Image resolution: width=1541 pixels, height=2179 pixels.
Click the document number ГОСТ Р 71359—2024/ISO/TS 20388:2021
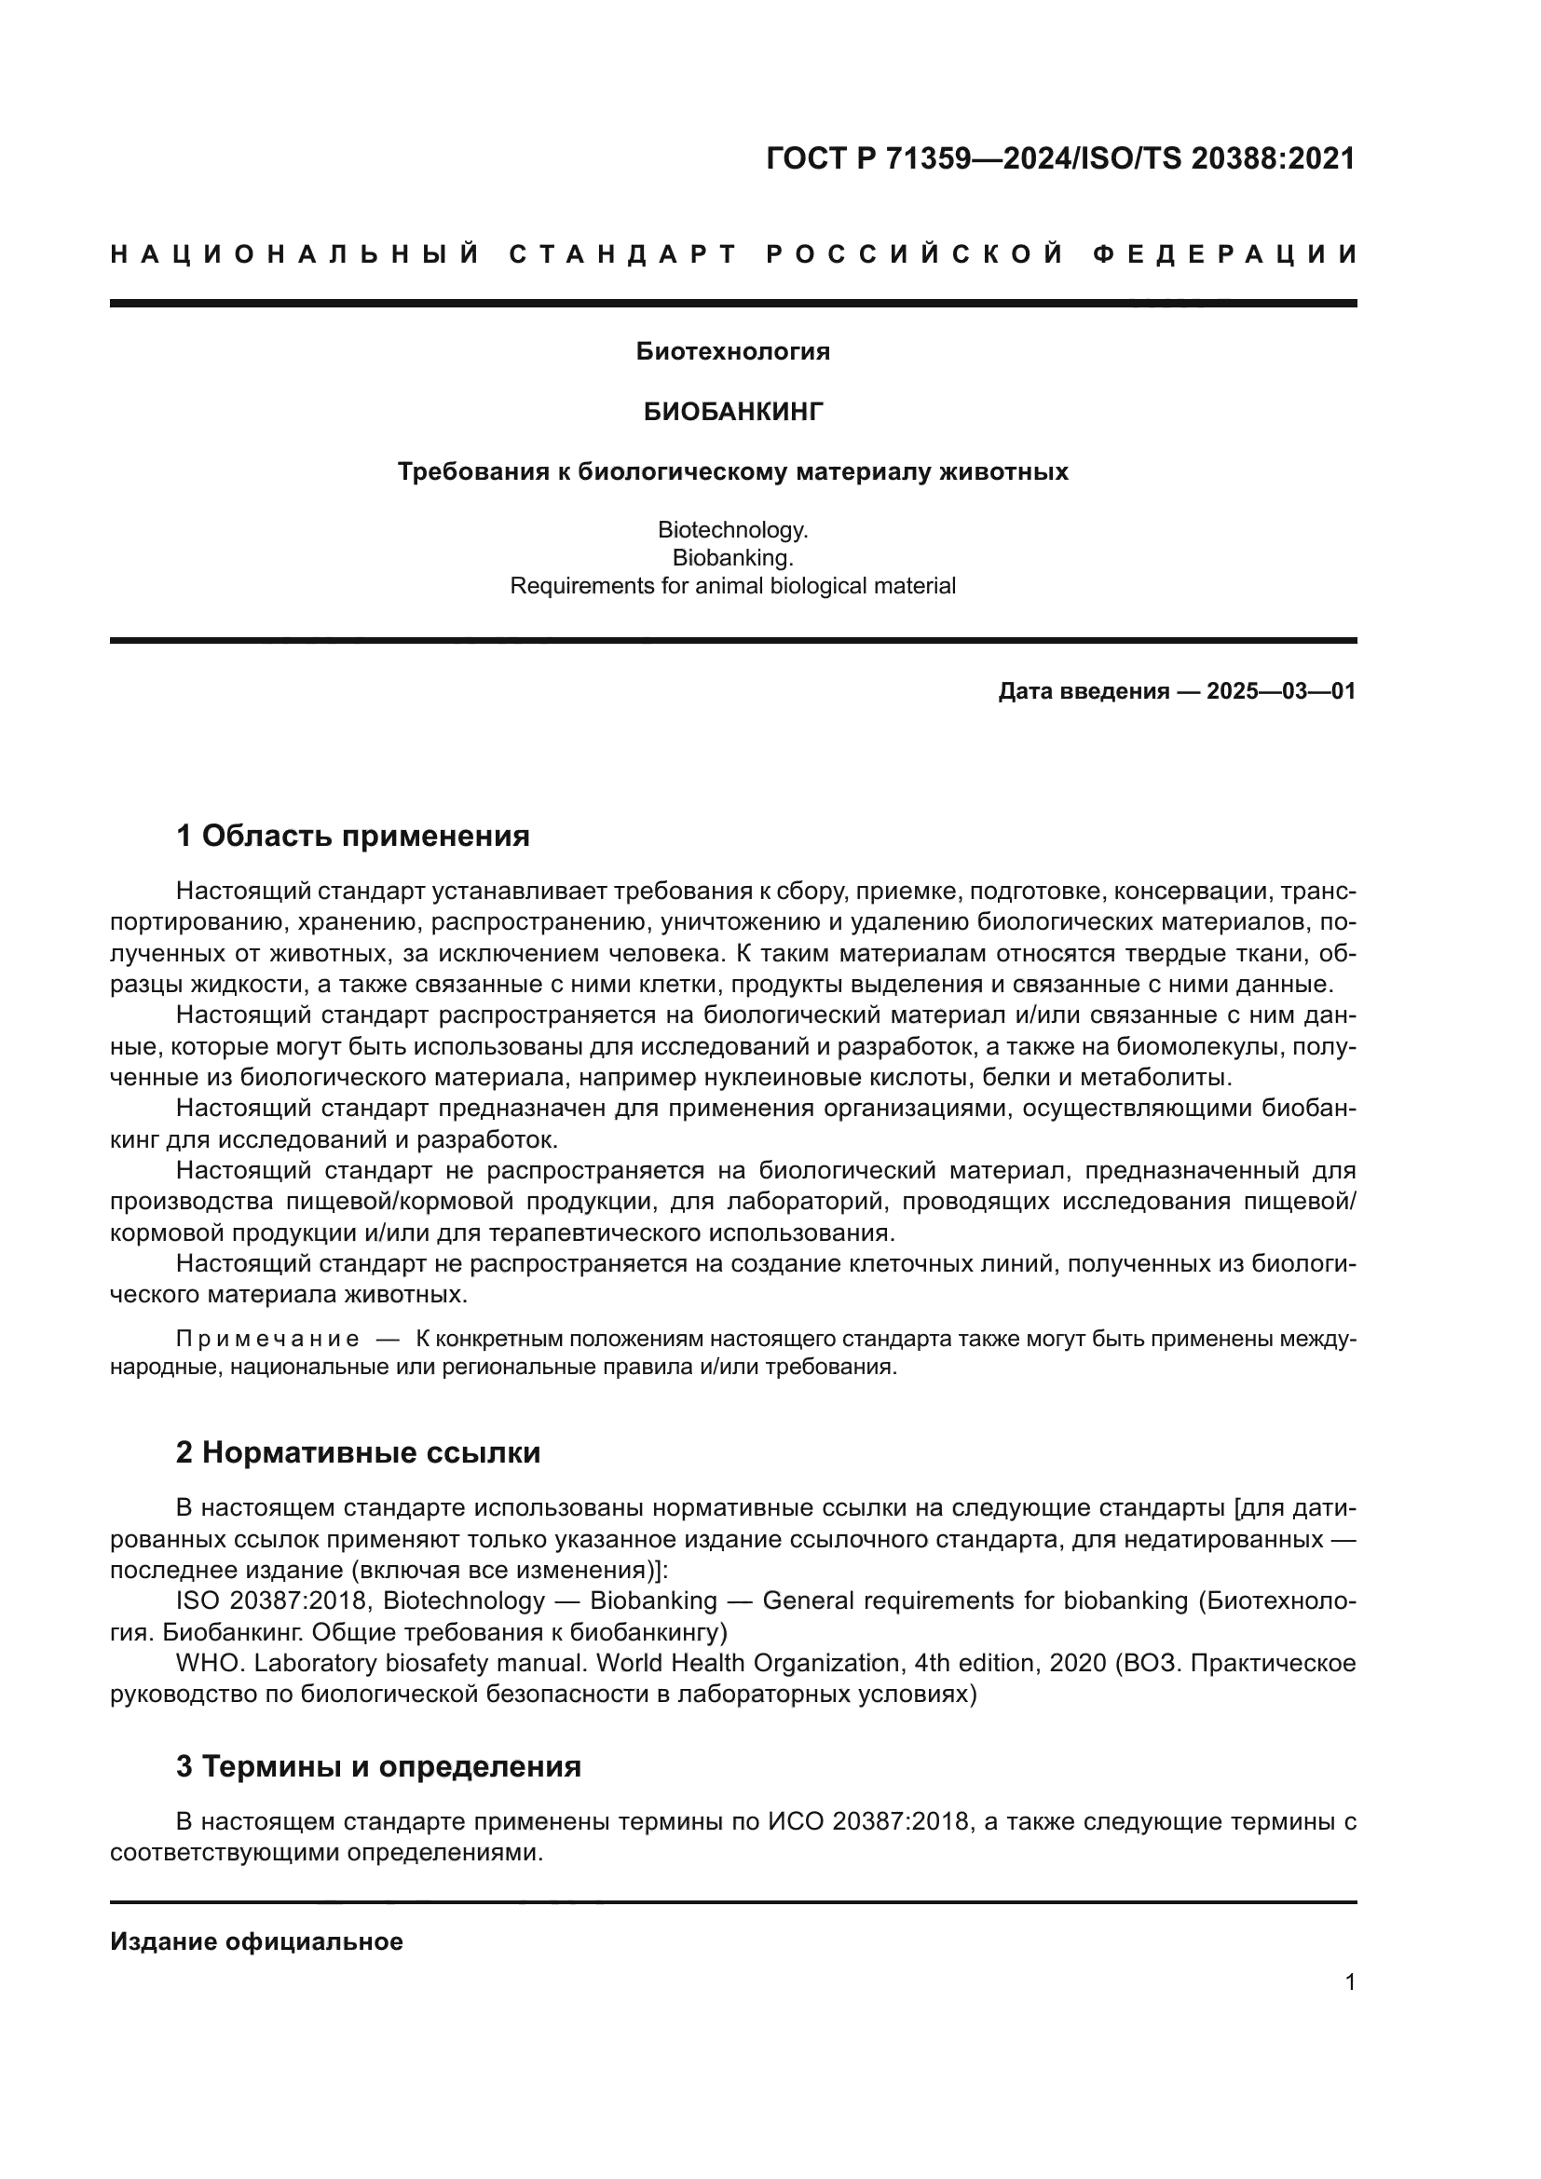coord(1060,158)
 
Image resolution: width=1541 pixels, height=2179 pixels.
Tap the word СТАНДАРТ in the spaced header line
coord(623,254)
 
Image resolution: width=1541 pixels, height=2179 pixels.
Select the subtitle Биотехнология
coord(732,351)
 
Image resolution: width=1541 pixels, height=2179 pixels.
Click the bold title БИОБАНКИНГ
coord(732,411)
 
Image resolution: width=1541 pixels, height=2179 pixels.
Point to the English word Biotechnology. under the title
coord(732,529)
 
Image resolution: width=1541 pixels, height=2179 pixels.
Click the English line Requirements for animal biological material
coord(732,586)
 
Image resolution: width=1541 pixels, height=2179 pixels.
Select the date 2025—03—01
coord(1281,691)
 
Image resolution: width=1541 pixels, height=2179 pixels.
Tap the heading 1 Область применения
coord(353,836)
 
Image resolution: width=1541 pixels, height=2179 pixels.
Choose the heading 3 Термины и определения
coord(377,1766)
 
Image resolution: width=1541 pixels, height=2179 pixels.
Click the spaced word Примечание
coord(267,1339)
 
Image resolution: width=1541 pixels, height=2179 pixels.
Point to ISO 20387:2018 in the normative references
coord(270,1600)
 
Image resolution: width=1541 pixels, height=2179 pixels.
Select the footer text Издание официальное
coord(256,1941)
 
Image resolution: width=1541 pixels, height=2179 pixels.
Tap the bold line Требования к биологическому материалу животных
coord(732,471)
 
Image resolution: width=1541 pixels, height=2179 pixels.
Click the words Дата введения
coord(1083,691)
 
